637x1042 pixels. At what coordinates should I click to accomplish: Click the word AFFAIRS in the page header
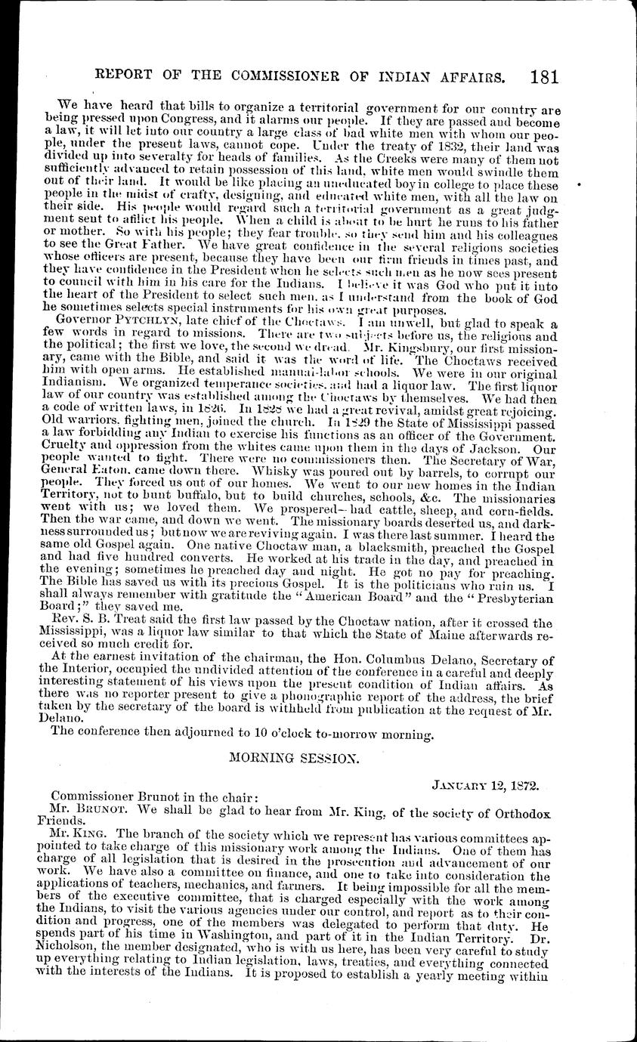click(x=477, y=77)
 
